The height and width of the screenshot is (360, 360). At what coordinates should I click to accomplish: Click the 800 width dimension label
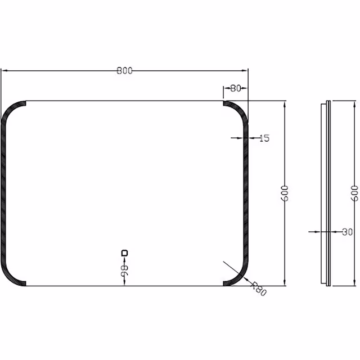[124, 71]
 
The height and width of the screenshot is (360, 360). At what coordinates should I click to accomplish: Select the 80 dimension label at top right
[236, 88]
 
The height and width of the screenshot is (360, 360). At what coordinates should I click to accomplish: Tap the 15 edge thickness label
[264, 138]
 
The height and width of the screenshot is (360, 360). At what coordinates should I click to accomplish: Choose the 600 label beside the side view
[354, 193]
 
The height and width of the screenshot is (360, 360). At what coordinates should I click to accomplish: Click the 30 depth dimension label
[347, 232]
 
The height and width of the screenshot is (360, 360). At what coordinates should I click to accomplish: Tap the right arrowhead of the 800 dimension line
[245, 71]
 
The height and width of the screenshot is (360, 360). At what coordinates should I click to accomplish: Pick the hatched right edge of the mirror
[246, 193]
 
